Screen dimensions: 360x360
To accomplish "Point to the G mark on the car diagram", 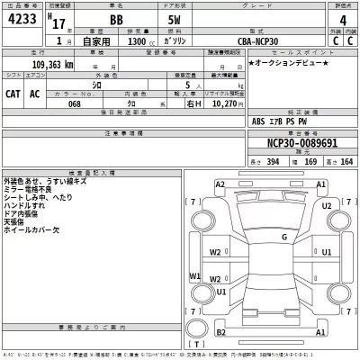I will click(283, 237).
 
